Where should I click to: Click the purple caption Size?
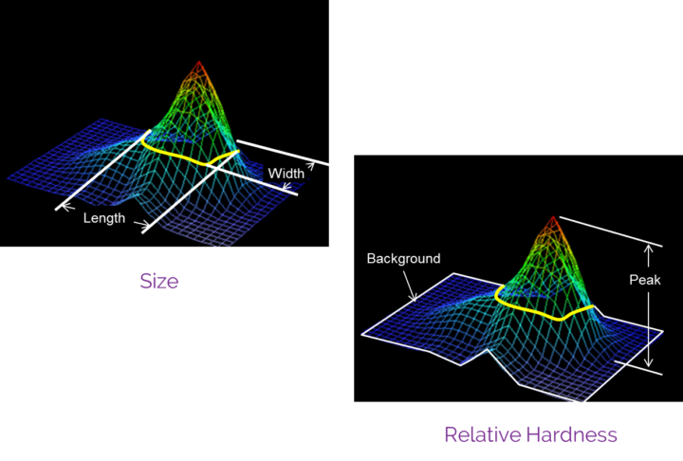tap(159, 282)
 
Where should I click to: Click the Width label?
tap(286, 174)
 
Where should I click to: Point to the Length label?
tap(104, 218)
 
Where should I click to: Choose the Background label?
tap(403, 258)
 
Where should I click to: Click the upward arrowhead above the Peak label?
tap(648, 249)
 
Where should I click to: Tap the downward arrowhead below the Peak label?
tap(648, 363)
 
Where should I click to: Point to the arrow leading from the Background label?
tap(411, 285)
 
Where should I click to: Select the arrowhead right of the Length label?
tap(143, 226)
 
